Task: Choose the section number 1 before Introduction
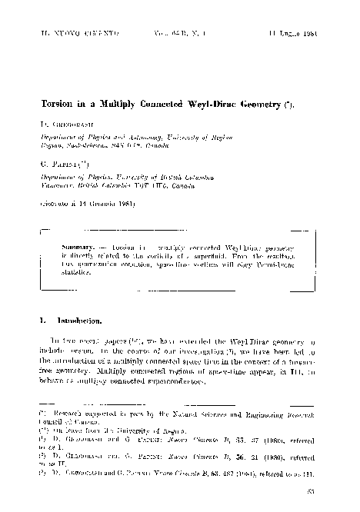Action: (x=42, y=319)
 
